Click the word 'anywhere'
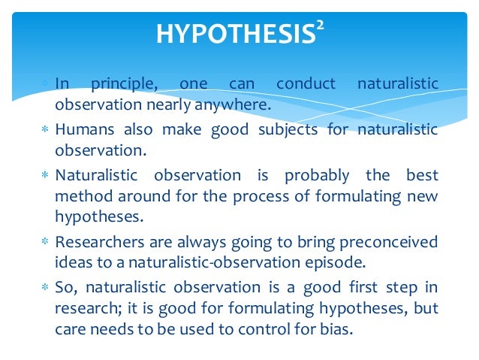point(233,104)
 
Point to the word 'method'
point(81,196)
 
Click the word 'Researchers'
point(98,242)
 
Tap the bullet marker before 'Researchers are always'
point(45,243)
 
